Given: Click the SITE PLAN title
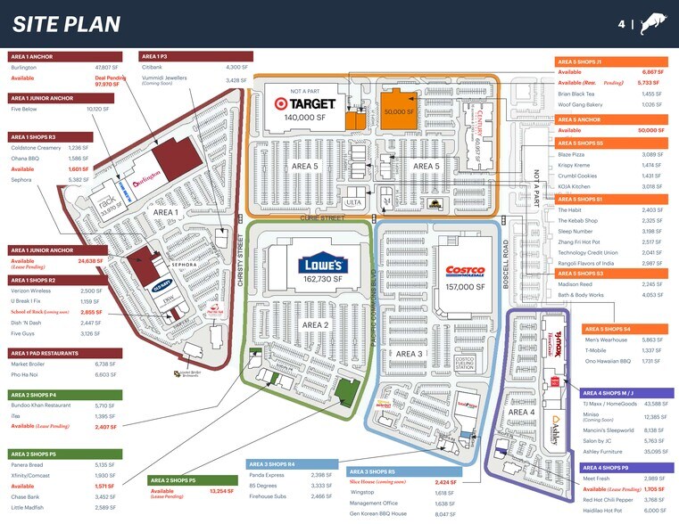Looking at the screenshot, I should point(66,24).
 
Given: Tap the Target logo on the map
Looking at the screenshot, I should point(305,103).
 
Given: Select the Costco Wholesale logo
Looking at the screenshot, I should point(465,272).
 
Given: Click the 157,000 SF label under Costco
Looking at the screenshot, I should point(465,287).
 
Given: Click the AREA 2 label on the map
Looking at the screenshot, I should point(316,325).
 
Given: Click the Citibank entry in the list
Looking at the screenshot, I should point(151,67).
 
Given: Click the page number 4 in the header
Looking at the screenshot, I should point(621,24).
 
